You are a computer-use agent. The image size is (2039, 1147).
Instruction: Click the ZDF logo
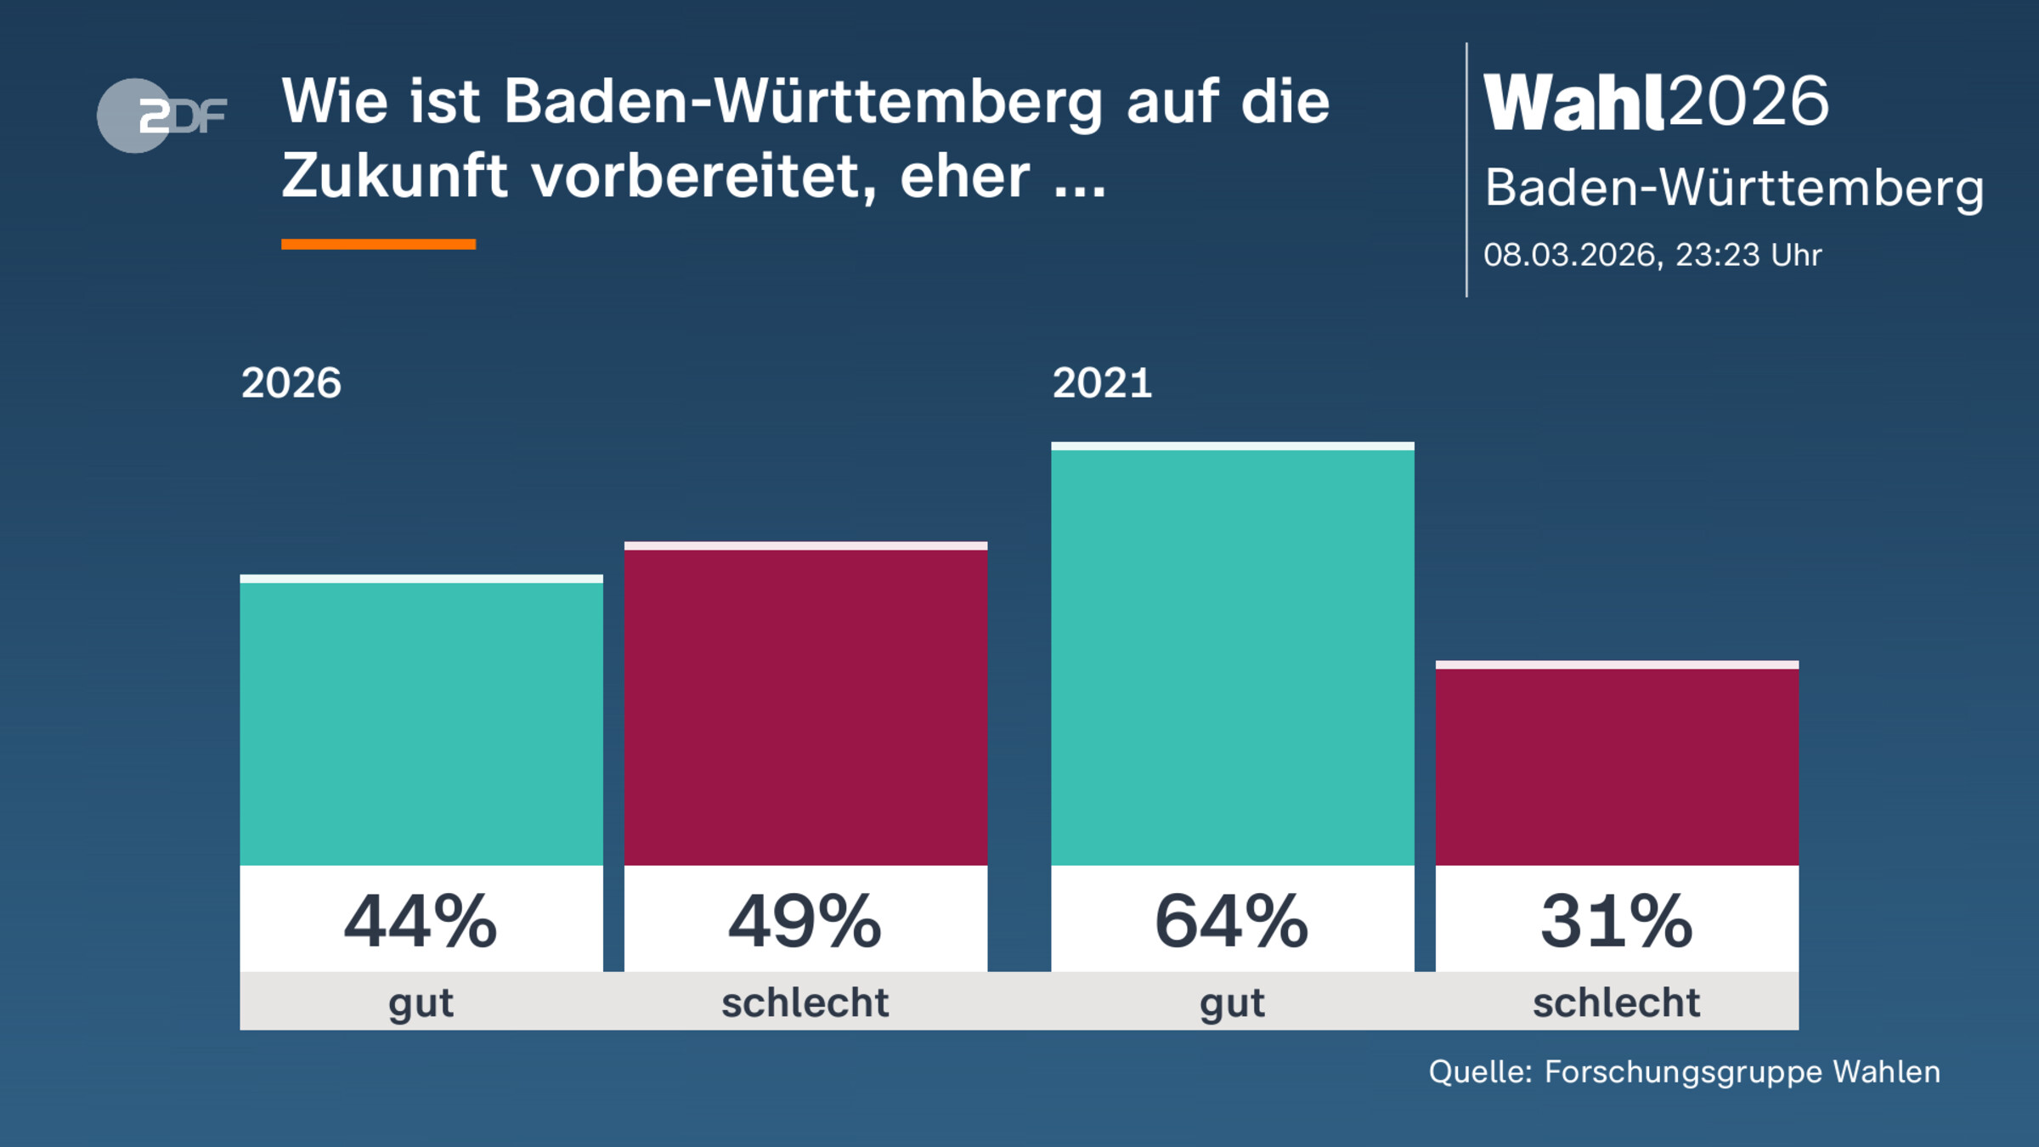pos(161,116)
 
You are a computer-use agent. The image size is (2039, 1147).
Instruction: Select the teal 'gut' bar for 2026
pos(421,722)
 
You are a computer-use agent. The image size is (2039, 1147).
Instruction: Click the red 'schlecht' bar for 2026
pos(805,705)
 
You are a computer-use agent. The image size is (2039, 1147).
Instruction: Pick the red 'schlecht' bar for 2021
pos(1617,765)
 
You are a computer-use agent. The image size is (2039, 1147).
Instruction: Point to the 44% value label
pos(421,921)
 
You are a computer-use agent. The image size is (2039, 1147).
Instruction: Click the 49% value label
pos(805,921)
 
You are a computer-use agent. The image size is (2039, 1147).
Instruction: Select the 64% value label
pos(1232,921)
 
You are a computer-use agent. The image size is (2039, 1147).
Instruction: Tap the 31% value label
pos(1617,921)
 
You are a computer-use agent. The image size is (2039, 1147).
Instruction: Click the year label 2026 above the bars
pos(291,383)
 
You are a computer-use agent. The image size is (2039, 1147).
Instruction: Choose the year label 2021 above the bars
pos(1102,383)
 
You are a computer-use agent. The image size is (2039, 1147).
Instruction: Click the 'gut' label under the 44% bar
pos(421,1003)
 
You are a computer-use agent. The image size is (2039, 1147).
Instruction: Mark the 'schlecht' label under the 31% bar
pos(1616,1003)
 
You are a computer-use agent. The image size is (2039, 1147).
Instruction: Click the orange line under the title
pos(378,245)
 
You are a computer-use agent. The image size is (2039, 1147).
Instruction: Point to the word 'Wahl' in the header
pos(1573,102)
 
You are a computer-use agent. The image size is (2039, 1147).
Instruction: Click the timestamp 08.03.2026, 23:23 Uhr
pos(1652,255)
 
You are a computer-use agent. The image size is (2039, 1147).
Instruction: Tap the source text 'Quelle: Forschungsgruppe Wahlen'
pos(1684,1072)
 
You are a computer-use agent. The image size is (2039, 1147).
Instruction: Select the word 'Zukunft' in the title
pos(395,177)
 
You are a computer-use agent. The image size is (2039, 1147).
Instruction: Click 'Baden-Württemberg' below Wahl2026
pos(1734,188)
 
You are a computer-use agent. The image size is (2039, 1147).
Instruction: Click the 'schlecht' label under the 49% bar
pos(805,1003)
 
